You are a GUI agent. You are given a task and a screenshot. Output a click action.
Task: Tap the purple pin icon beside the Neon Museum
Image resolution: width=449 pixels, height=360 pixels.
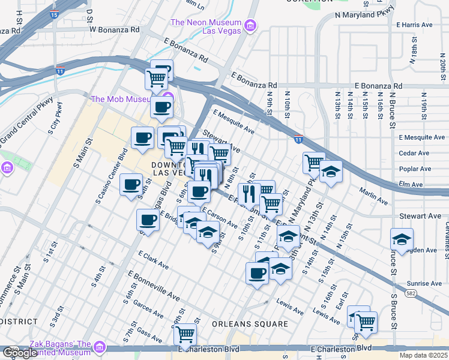[250, 25]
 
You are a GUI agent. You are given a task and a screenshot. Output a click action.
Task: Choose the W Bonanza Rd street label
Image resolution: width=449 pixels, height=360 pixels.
[114, 29]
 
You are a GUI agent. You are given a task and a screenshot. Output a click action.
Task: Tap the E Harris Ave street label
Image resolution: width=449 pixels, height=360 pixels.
[415, 25]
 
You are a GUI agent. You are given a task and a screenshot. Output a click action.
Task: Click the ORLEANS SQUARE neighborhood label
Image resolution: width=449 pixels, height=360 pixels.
[250, 324]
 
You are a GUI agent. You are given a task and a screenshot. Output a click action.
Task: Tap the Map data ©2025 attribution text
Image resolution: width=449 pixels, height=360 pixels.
[423, 355]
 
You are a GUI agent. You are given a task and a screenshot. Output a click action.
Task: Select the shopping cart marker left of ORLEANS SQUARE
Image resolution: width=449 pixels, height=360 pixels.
[185, 334]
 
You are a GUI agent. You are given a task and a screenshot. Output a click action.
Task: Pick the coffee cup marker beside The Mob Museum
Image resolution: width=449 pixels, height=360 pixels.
[162, 108]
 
